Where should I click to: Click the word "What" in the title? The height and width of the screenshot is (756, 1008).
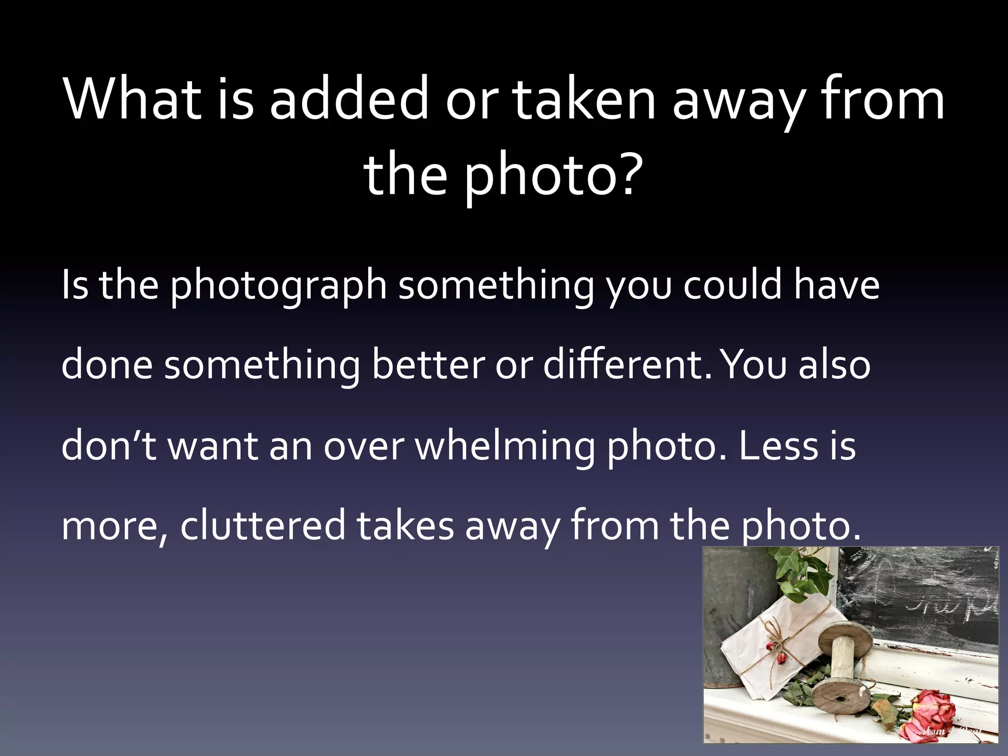(x=132, y=99)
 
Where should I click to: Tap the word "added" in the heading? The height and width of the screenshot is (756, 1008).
(x=349, y=99)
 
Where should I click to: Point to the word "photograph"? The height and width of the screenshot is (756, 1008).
(x=279, y=286)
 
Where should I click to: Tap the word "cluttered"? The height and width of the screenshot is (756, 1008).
(x=263, y=526)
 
